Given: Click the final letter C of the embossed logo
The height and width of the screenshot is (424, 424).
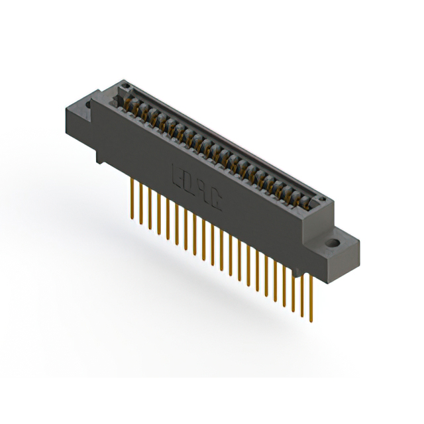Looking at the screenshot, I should pos(216,201).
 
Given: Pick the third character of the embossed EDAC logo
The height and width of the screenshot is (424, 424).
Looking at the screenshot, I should pos(203,192).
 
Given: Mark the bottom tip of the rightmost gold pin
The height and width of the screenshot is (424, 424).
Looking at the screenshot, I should pos(310,321).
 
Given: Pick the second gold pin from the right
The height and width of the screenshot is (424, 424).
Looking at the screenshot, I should pos(301,291).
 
